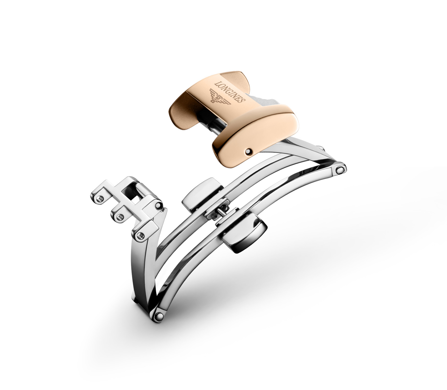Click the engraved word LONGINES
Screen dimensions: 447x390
230,91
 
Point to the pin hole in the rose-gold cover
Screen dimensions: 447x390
248,152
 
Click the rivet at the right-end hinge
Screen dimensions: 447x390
340,170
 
